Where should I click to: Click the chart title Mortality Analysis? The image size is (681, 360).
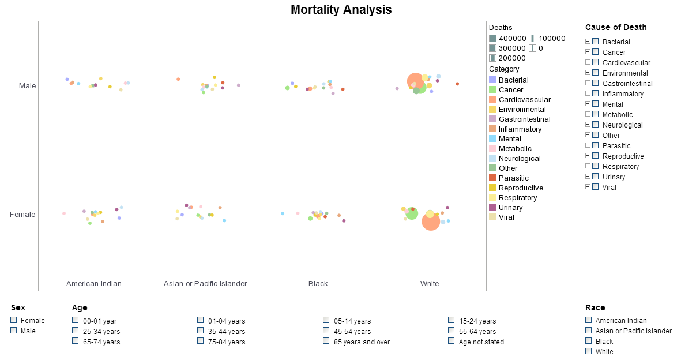341,10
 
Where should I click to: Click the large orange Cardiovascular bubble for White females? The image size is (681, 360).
431,222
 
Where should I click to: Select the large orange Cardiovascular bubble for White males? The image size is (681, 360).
415,81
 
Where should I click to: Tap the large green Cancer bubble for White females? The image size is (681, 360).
412,213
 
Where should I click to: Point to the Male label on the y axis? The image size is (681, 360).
27,86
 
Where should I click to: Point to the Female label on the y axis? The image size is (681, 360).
22,215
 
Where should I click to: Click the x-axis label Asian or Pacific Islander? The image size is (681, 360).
205,284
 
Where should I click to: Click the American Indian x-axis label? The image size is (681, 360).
94,284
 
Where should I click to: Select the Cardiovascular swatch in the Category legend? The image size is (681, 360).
492,100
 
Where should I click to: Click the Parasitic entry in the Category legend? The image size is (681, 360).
513,178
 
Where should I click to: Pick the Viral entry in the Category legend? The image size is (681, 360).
506,217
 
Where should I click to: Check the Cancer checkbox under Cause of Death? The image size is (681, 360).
596,52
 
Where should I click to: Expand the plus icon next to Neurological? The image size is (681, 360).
588,125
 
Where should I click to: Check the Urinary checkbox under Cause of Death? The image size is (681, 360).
596,177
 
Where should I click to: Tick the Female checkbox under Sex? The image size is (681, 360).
14,320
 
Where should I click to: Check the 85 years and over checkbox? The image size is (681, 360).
326,341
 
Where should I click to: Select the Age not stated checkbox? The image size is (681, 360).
452,341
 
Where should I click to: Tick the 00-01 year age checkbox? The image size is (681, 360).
76,320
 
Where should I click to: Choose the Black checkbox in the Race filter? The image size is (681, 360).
589,341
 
